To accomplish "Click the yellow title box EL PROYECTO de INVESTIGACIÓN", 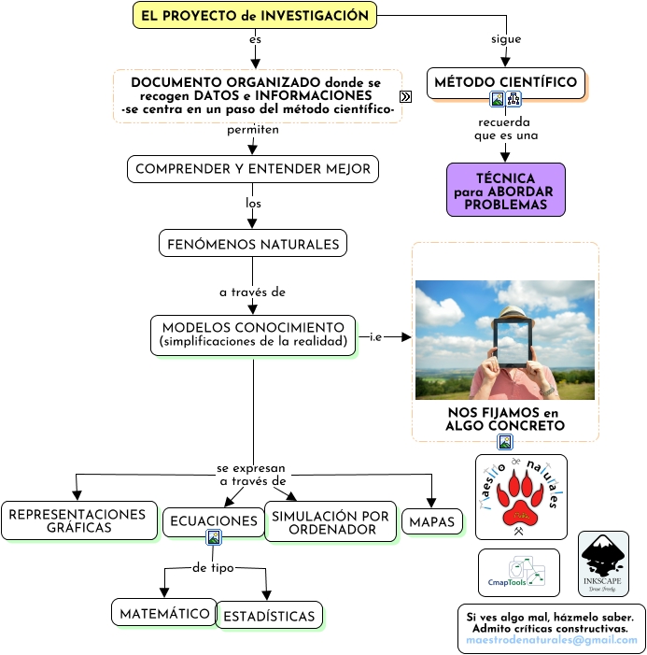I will (x=255, y=16).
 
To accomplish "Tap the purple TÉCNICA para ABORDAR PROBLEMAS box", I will (x=505, y=191).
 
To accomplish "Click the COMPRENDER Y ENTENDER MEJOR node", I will (x=253, y=169).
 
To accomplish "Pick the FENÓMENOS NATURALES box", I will (x=253, y=244).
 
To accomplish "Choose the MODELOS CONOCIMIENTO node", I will (x=253, y=335).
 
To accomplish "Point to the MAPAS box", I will (x=432, y=521).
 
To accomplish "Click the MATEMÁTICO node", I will (x=163, y=613).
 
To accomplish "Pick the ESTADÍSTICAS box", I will (x=270, y=616).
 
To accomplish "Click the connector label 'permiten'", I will (x=253, y=130).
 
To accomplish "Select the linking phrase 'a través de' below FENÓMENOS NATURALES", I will (x=252, y=292).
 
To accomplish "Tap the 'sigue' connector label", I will (x=506, y=39).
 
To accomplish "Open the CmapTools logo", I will (x=519, y=573).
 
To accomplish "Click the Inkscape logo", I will (x=603, y=564).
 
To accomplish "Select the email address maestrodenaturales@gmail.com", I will (x=552, y=640).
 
